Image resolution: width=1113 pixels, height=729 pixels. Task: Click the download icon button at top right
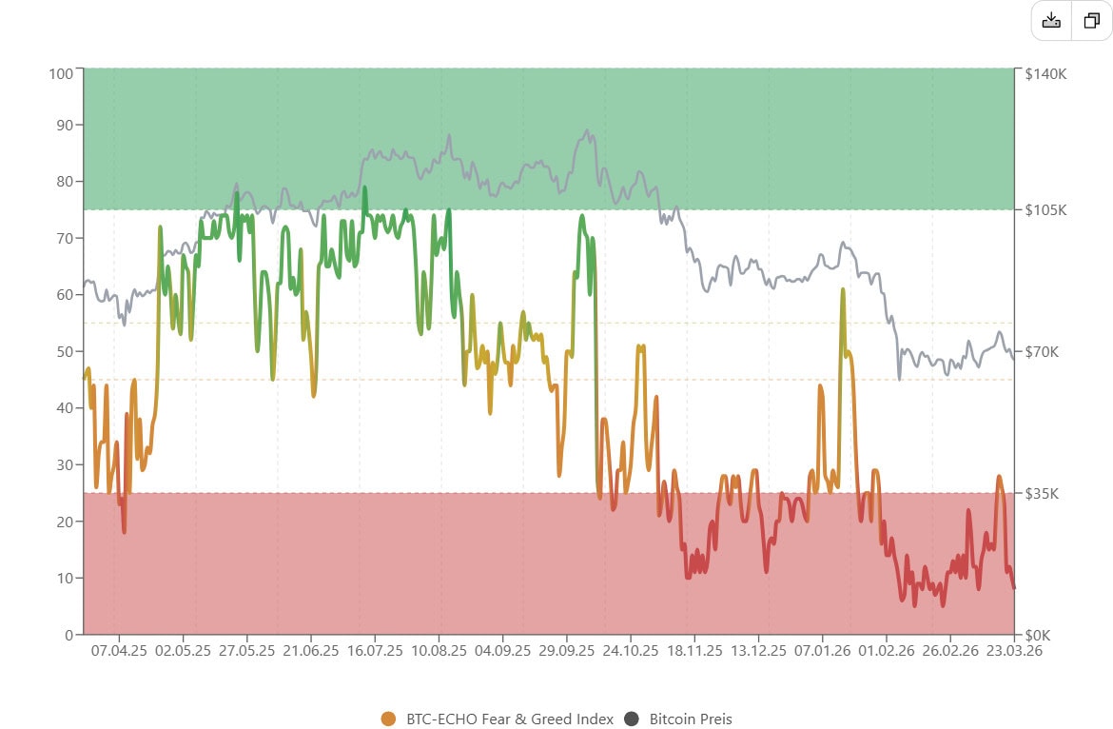click(1051, 21)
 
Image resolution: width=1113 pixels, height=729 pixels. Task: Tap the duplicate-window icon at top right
click(1091, 21)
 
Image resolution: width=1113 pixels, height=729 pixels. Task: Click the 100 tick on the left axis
click(62, 73)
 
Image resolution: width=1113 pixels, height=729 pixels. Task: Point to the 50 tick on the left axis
click(65, 351)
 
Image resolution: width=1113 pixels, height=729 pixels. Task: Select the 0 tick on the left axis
click(68, 635)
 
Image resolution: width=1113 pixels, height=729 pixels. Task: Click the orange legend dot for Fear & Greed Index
click(387, 719)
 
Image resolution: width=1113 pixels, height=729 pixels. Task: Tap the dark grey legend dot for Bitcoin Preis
click(631, 719)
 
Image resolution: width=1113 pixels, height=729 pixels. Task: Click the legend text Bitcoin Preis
click(691, 719)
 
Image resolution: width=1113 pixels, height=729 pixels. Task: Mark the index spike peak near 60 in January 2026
click(843, 289)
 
